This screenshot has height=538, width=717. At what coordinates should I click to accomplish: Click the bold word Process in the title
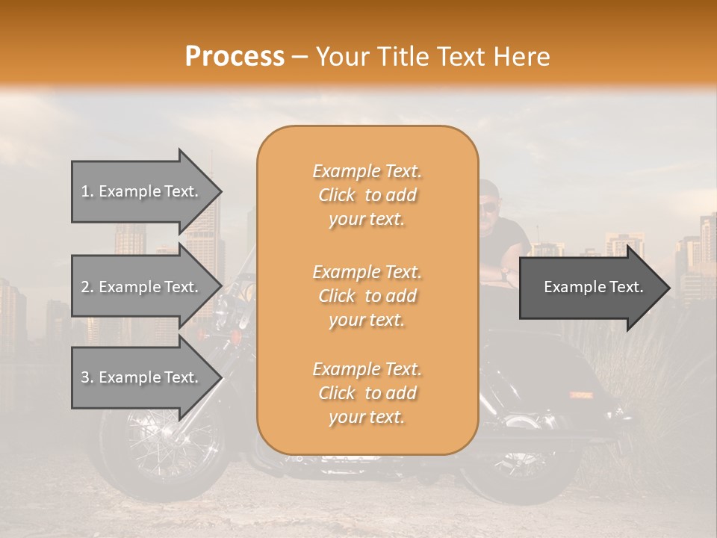[235, 56]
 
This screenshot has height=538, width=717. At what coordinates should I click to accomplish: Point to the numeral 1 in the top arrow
[85, 191]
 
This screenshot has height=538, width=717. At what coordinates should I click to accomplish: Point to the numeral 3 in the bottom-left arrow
[85, 377]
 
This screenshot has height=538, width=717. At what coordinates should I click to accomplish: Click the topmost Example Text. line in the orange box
[367, 171]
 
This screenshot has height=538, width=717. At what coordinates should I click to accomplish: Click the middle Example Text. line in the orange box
[367, 271]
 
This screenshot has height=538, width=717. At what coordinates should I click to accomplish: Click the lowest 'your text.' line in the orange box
[367, 418]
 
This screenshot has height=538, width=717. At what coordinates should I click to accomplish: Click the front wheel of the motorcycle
[161, 448]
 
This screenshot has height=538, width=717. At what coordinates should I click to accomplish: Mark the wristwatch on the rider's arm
[506, 274]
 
